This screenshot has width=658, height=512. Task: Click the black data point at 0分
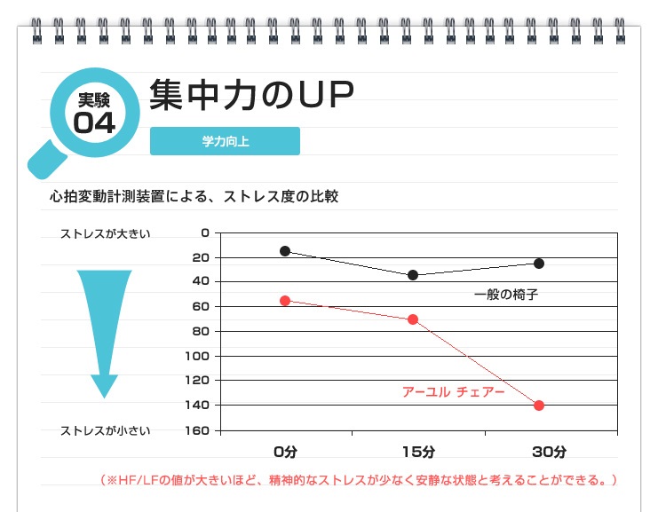(284, 251)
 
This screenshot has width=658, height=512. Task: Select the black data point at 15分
(413, 275)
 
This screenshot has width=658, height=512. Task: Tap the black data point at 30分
(539, 264)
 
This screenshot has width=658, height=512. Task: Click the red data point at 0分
(284, 301)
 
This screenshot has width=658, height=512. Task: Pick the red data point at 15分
(413, 319)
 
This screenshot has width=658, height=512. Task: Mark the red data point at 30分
(539, 406)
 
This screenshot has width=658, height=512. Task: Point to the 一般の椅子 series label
(506, 294)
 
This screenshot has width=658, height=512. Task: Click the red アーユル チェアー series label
(453, 391)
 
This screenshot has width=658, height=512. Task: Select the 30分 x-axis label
(549, 452)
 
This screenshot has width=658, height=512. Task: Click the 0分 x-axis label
(285, 452)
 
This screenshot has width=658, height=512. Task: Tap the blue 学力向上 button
(225, 141)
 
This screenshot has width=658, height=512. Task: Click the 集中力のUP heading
(251, 96)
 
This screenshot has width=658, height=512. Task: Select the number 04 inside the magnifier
(94, 122)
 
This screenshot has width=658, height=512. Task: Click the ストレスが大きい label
(105, 233)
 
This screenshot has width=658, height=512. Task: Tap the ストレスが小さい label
(105, 431)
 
